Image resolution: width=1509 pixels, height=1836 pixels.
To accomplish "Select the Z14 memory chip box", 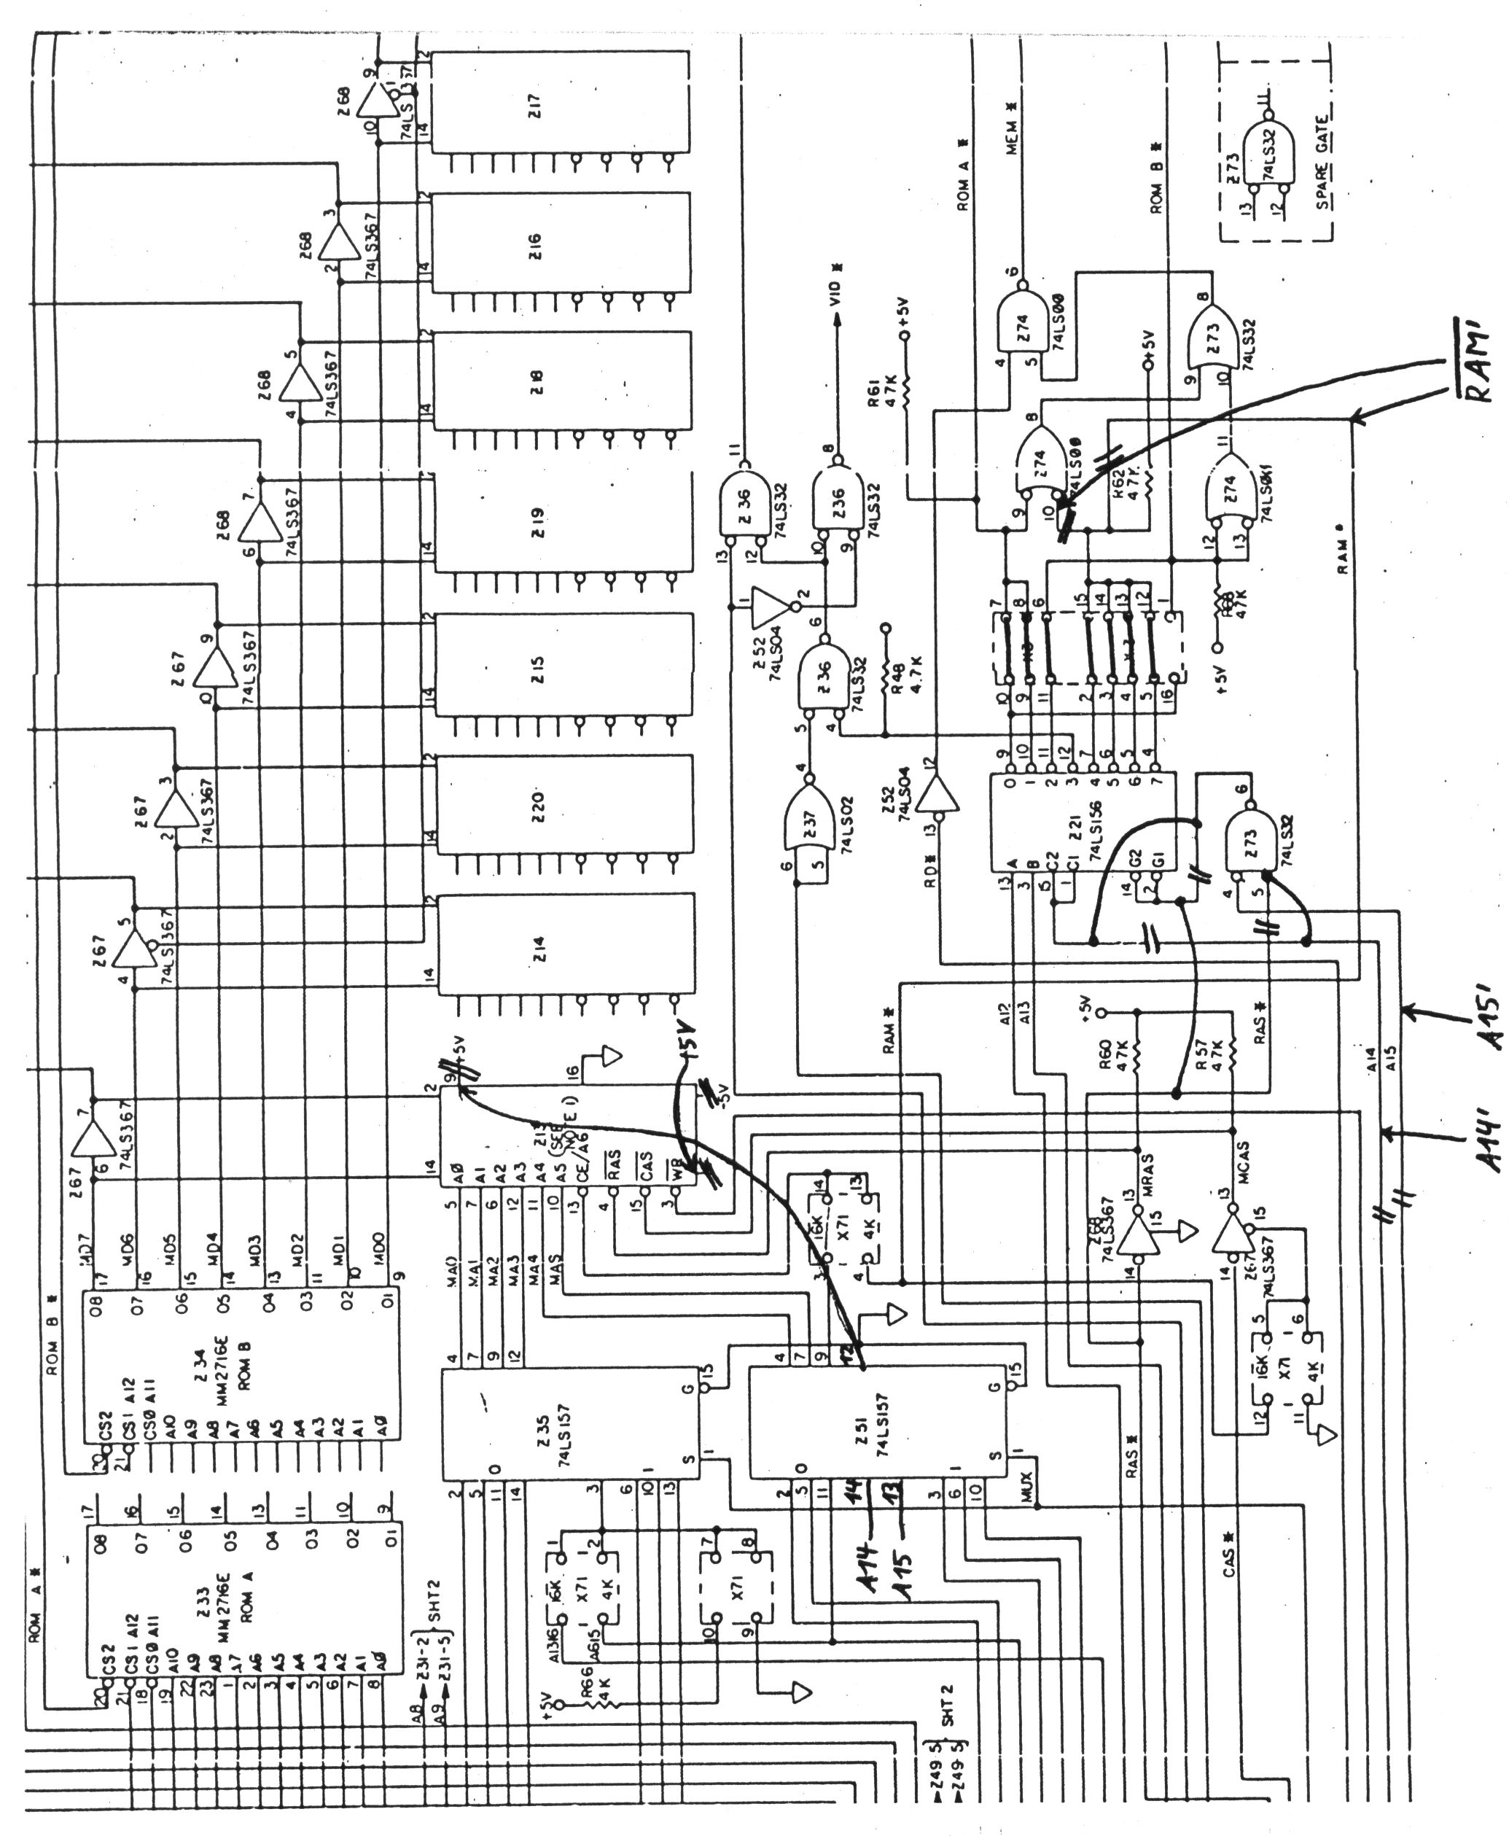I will click(x=565, y=945).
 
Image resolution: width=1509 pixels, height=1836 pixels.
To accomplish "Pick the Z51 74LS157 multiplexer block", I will click(x=878, y=1423).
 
